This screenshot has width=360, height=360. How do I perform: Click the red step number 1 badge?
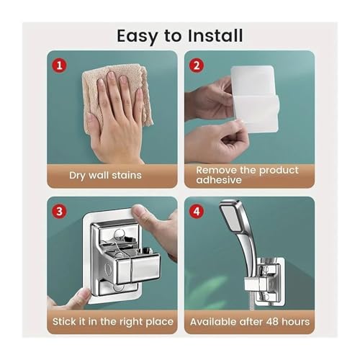click(x=59, y=66)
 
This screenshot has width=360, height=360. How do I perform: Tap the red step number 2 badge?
click(x=197, y=66)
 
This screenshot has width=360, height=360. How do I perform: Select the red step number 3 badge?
click(x=59, y=212)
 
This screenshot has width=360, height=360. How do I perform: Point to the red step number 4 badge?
click(x=197, y=212)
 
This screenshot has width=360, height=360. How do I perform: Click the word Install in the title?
click(x=215, y=36)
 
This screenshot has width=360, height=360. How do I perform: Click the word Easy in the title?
click(x=137, y=36)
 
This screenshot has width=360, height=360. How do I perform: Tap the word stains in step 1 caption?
click(x=127, y=175)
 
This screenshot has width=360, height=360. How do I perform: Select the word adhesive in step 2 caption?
click(x=219, y=180)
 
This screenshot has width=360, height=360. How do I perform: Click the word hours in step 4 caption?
click(x=296, y=322)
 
